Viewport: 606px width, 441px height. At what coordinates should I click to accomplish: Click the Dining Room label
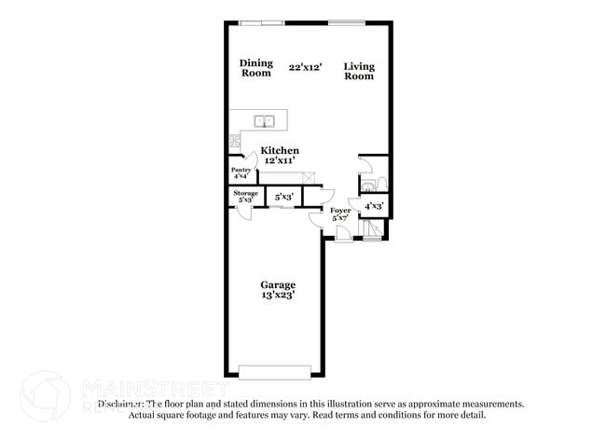click(x=256, y=68)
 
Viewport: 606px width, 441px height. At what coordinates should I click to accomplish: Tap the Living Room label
click(x=358, y=70)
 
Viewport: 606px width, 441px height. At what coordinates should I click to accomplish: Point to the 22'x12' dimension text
click(x=305, y=67)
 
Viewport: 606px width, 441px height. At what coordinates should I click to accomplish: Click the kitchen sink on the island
click(x=265, y=119)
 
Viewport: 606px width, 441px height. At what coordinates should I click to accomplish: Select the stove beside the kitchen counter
click(x=234, y=142)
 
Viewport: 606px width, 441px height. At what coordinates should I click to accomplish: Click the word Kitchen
click(x=280, y=150)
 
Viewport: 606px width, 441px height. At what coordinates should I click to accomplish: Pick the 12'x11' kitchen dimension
click(x=280, y=160)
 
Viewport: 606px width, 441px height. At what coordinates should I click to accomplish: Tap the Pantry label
click(x=241, y=170)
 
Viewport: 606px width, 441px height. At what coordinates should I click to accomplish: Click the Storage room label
click(x=246, y=193)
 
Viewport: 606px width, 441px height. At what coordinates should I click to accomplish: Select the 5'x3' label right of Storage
click(x=284, y=198)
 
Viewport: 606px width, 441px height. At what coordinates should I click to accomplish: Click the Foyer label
click(x=340, y=211)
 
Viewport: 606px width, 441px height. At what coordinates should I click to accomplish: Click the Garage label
click(x=278, y=285)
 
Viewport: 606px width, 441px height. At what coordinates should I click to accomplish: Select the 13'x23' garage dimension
click(x=278, y=296)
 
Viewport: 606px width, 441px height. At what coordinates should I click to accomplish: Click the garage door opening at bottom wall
click(x=276, y=373)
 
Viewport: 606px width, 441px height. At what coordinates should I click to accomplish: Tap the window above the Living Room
click(x=346, y=22)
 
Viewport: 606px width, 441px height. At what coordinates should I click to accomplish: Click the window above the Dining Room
click(x=261, y=22)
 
